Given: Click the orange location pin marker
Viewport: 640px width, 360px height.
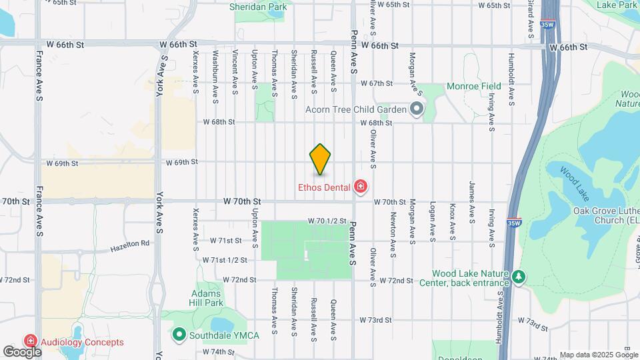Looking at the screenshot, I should (x=320, y=159).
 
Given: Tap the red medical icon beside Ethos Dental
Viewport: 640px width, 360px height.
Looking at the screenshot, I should (x=361, y=187).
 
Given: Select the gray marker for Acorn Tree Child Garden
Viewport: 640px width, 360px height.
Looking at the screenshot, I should (x=417, y=109).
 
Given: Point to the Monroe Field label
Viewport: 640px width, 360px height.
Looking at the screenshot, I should (x=473, y=87).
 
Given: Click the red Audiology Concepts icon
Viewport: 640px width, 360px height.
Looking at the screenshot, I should (x=30, y=342).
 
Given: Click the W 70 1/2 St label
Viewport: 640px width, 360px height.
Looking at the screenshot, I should (x=327, y=221).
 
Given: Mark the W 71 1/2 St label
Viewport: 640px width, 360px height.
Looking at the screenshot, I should (x=225, y=260).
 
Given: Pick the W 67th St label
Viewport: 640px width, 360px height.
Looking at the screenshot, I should (x=377, y=83).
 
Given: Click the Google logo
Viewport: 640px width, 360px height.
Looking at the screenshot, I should (x=21, y=351).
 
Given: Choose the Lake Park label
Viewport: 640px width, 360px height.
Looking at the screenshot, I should (x=617, y=5).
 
